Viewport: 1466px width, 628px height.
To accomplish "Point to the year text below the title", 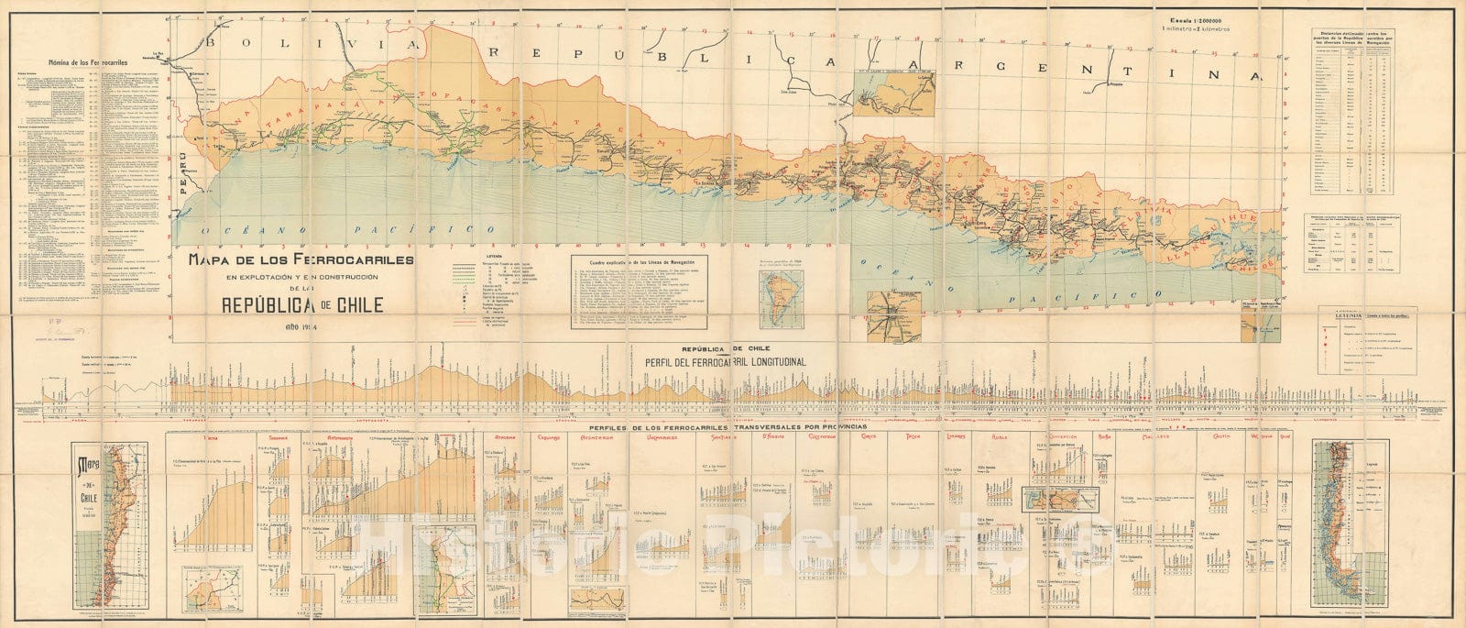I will [x=301, y=331].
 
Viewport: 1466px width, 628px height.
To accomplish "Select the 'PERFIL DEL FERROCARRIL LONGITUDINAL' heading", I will [x=727, y=361].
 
